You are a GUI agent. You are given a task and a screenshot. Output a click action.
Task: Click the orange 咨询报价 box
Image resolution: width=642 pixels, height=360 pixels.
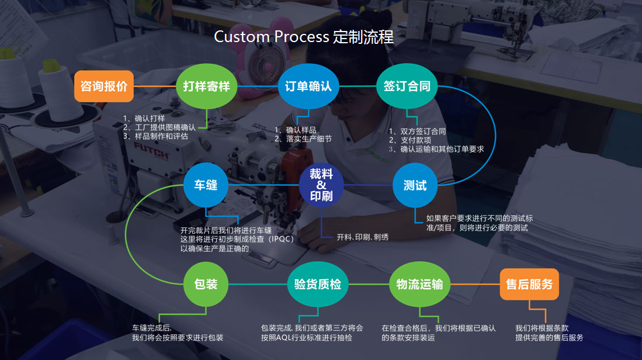coord(103,86)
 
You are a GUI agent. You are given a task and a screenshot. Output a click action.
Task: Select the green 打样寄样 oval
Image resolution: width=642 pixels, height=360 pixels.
coord(206,86)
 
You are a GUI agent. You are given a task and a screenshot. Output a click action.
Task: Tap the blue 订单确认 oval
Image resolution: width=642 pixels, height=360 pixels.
coord(308,86)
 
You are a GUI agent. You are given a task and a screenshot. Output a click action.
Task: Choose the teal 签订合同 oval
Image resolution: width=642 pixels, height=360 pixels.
coord(407,86)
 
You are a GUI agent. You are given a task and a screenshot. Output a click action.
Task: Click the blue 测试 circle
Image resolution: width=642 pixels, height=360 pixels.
coord(415,185)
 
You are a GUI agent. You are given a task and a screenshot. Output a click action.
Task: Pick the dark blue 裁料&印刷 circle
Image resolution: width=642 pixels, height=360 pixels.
coord(321,185)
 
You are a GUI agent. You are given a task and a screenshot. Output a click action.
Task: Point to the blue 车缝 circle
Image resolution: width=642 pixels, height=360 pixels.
coord(206,185)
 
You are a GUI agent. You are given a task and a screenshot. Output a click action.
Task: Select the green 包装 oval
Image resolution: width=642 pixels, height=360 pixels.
coord(206,285)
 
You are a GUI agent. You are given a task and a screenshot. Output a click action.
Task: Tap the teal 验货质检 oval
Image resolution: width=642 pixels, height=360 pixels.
coord(317,285)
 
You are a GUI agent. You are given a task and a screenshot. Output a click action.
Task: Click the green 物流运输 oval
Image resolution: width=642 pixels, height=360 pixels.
coord(419,285)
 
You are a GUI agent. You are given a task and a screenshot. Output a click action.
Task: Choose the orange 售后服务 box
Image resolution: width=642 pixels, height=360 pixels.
coord(529,285)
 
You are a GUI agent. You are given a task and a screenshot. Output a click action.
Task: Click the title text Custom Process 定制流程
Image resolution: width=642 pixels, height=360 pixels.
coord(304,37)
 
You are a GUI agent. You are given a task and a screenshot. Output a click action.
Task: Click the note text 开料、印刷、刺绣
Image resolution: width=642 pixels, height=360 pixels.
coord(362,237)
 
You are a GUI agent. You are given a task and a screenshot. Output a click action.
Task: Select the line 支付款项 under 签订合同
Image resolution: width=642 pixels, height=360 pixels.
coord(414,140)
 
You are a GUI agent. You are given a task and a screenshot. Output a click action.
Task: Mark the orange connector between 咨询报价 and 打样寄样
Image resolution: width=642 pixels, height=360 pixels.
coord(155,86)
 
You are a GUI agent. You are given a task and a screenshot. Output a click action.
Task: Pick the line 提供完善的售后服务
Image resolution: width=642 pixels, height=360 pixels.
coord(549,338)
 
